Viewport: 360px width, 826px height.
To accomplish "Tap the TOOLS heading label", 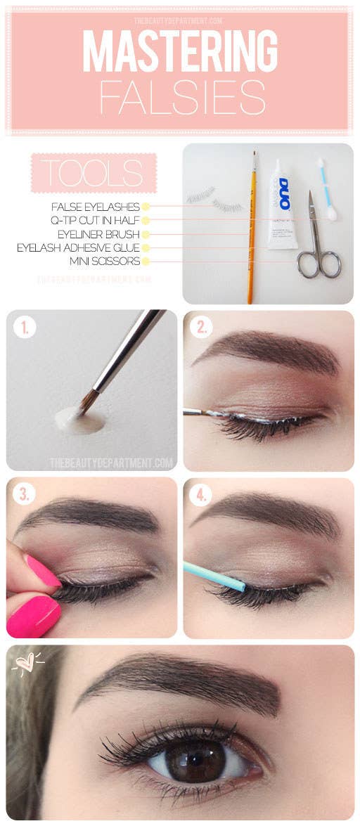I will point(93,172).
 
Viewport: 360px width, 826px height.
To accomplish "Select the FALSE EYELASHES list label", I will point(96,207).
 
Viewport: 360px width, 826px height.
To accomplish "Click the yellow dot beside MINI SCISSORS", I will point(146,262).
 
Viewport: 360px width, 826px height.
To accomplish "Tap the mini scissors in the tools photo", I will point(316,243).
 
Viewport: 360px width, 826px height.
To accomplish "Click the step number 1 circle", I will point(24,328).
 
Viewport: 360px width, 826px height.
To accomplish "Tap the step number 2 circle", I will point(201,328).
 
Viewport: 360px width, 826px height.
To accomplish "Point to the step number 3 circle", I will point(24,495).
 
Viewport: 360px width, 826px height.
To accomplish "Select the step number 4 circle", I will point(201,495).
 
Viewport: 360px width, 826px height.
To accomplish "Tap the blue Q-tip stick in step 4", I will point(213,576).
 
